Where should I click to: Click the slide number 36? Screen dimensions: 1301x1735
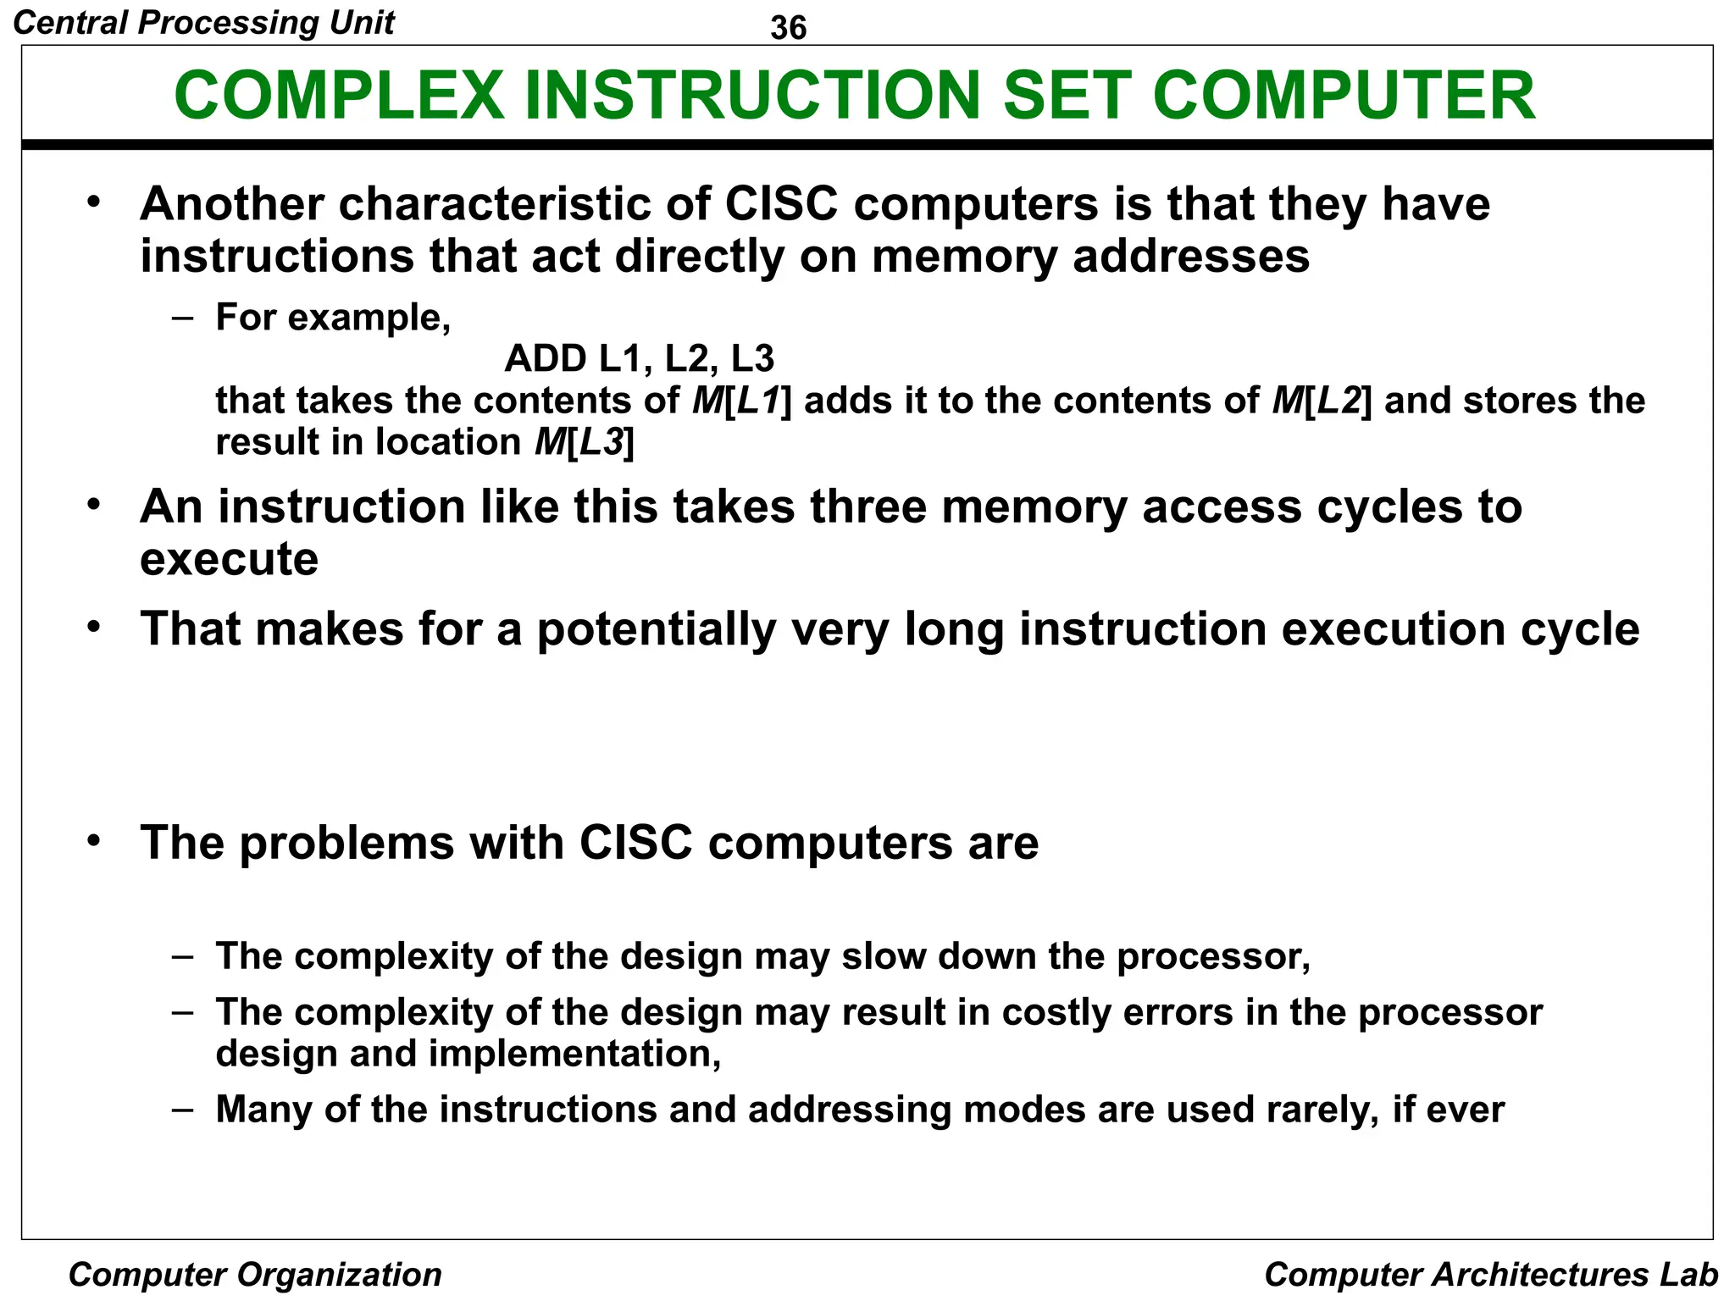(x=788, y=28)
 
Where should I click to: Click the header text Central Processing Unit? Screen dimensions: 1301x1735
(x=204, y=22)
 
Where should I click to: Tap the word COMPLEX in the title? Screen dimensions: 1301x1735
(x=339, y=95)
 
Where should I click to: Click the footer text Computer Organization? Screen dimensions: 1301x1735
(x=255, y=1274)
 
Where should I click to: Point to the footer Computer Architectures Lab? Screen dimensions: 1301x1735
(x=1490, y=1274)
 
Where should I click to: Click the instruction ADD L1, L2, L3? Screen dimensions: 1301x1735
(x=639, y=358)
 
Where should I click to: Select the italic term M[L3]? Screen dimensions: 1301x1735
(x=584, y=441)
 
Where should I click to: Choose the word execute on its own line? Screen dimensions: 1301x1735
(x=229, y=559)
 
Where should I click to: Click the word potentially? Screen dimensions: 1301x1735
(x=657, y=629)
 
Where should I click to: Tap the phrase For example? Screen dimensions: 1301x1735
(x=333, y=317)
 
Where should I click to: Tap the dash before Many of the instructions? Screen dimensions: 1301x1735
(x=182, y=1109)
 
